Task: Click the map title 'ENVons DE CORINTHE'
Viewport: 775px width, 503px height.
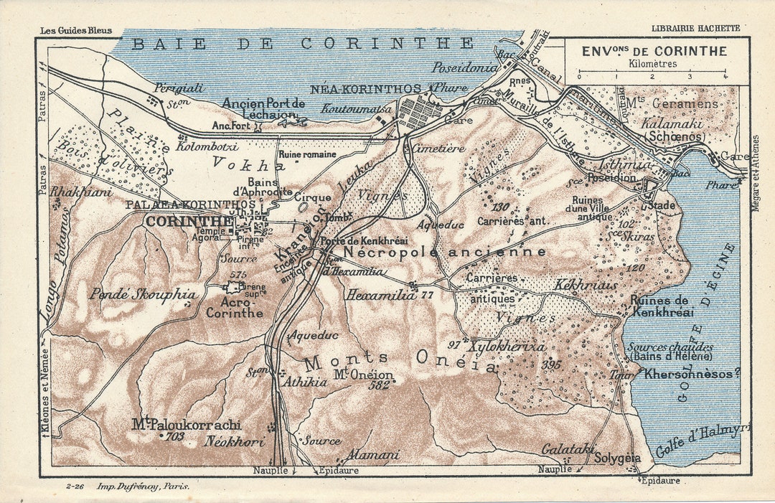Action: (654, 52)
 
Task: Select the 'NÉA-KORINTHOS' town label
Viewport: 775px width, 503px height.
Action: (365, 89)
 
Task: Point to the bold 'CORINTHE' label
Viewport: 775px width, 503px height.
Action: (189, 222)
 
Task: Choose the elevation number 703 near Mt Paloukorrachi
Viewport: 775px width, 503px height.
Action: (174, 436)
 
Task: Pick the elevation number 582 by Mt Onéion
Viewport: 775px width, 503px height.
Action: (378, 385)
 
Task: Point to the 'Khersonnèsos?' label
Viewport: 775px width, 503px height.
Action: (692, 374)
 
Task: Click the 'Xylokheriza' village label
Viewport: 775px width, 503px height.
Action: (507, 347)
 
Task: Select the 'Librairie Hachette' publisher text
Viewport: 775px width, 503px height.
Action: (695, 29)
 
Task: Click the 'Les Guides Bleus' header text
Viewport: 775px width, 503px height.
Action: (72, 30)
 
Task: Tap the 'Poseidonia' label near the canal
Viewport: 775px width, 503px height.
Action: (464, 67)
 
